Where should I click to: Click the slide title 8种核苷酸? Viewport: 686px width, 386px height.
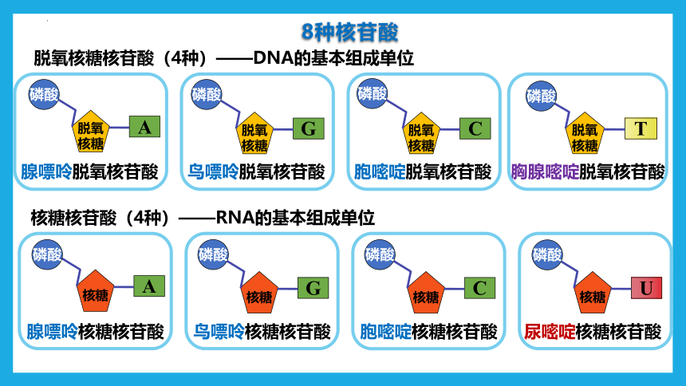tap(349, 32)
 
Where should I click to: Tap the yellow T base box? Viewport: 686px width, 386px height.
tap(641, 128)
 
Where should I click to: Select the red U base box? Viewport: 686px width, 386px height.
tap(646, 288)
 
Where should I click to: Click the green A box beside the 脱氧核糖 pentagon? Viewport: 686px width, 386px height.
tap(144, 127)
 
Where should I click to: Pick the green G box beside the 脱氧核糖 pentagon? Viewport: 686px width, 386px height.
tap(309, 128)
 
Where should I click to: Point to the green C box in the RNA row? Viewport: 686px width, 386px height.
tap(479, 288)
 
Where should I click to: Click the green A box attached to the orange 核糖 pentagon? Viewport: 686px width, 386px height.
tap(149, 286)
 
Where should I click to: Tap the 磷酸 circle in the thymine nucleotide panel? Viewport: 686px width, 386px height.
tap(541, 96)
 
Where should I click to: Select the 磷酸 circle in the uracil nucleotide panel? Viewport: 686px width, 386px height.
tap(547, 254)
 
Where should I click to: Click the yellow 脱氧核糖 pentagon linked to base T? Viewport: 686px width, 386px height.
tap(585, 133)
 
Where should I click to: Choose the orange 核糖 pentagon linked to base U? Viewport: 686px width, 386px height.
tap(593, 293)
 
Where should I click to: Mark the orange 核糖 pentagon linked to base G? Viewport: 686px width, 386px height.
tap(259, 293)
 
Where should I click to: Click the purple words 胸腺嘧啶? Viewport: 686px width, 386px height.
tap(545, 172)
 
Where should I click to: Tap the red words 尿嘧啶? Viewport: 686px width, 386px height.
tap(550, 332)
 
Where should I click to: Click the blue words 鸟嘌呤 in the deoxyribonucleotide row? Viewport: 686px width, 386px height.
tap(213, 172)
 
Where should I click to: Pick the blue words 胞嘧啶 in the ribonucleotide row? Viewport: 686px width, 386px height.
tap(385, 332)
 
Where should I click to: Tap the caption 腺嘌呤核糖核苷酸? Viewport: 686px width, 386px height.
tap(96, 332)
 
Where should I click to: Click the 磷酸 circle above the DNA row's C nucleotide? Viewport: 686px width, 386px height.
tap(372, 93)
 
